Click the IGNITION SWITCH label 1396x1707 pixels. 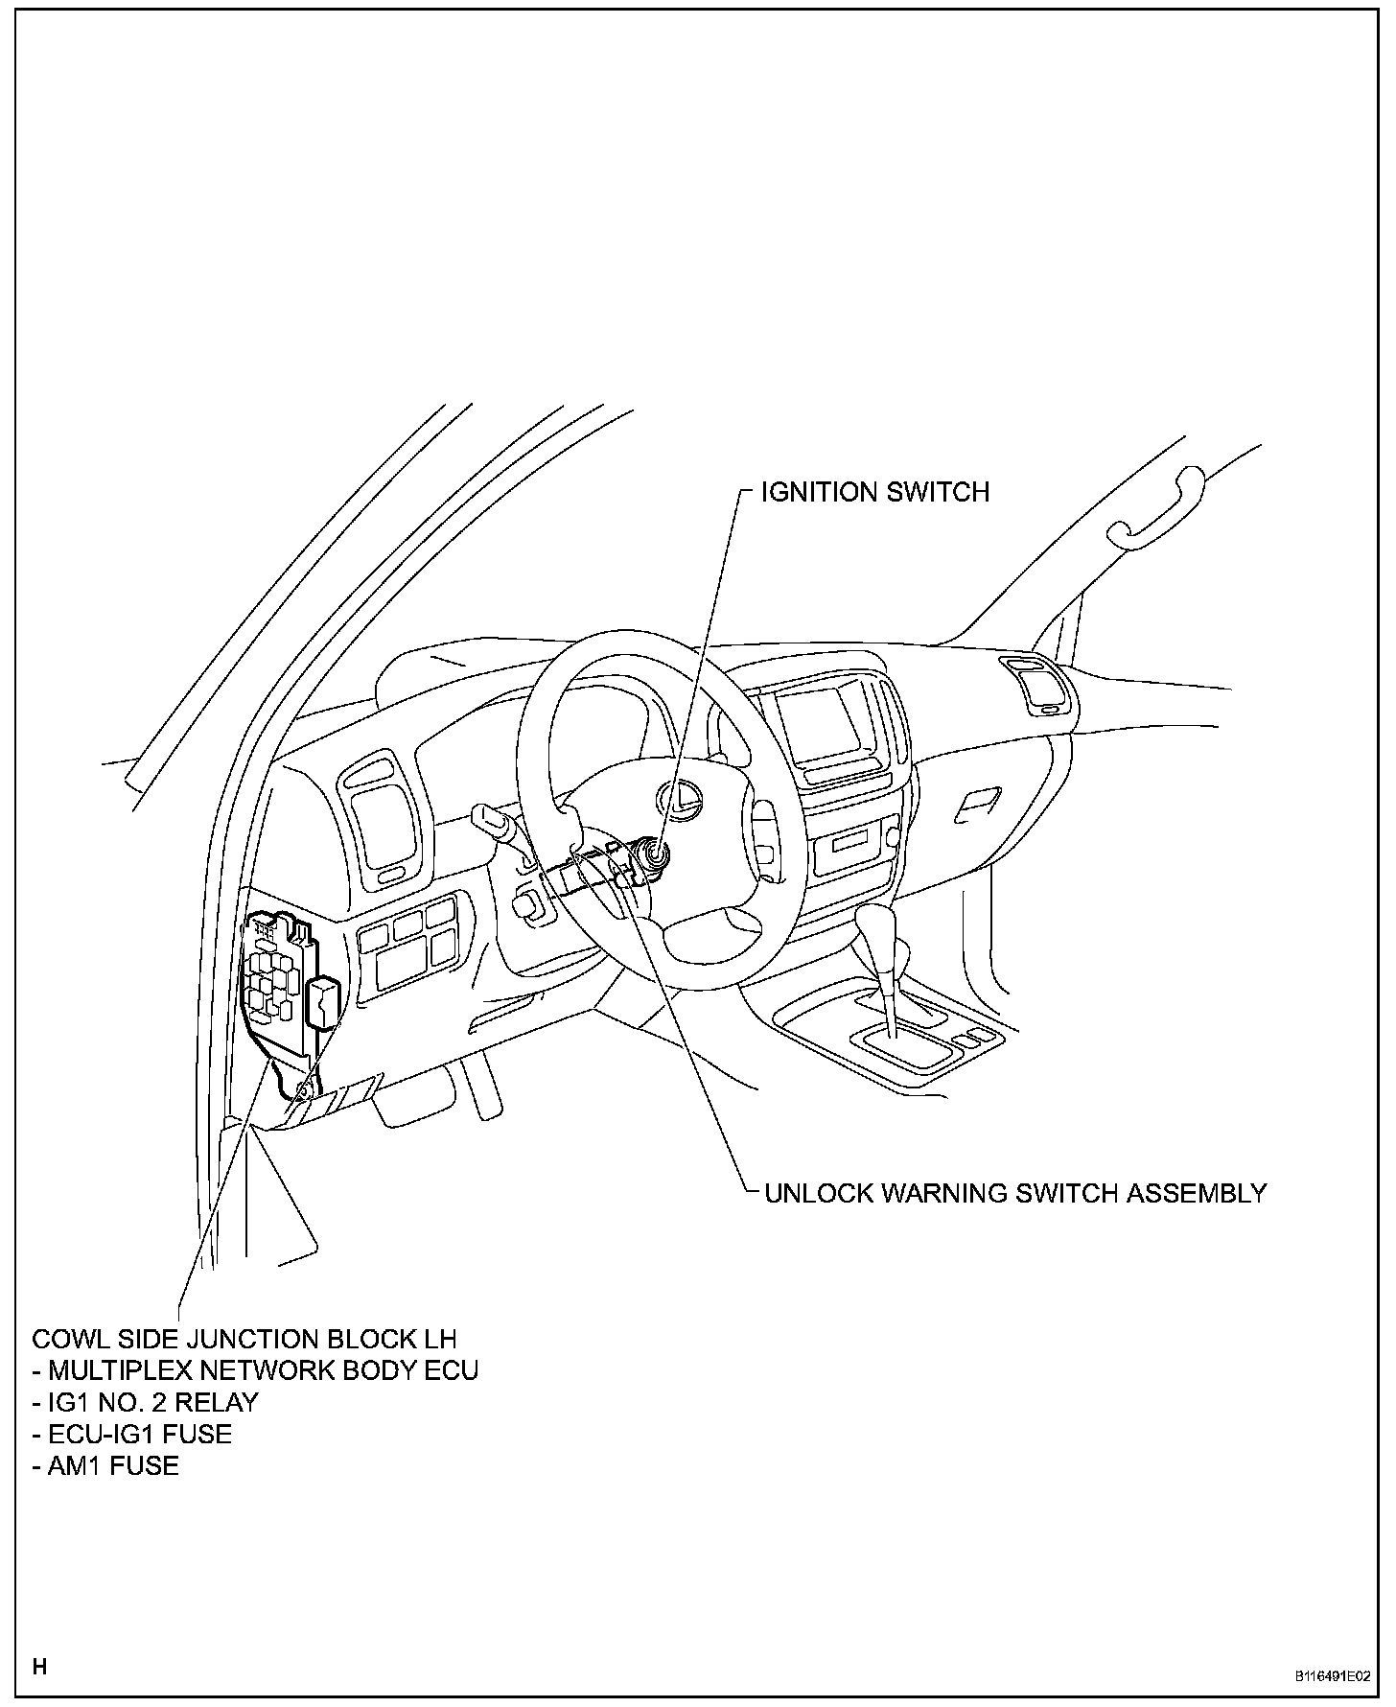(x=874, y=492)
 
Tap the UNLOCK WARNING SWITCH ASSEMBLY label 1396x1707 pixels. (x=1015, y=1193)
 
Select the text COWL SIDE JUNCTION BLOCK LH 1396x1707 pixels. (x=244, y=1339)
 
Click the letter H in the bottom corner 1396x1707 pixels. (x=39, y=1666)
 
